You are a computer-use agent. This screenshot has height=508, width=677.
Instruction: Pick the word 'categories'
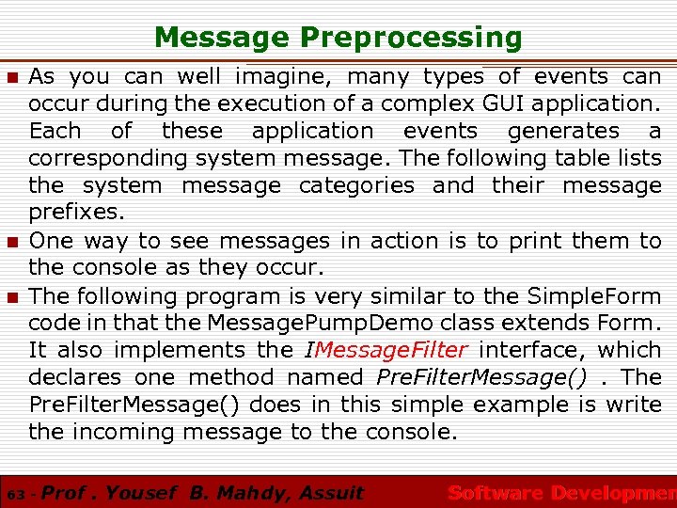click(x=356, y=185)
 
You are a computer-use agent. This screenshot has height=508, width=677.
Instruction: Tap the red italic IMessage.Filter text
click(x=386, y=350)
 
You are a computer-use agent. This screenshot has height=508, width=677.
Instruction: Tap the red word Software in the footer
click(x=495, y=493)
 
